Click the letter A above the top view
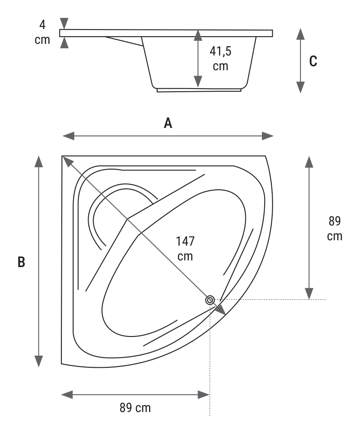(168, 123)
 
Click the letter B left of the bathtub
(21, 262)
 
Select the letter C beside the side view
(313, 61)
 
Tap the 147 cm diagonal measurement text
(185, 249)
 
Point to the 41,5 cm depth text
(220, 59)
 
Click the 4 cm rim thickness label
(42, 32)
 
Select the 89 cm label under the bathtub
(135, 408)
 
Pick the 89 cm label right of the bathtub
(334, 229)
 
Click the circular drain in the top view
(210, 300)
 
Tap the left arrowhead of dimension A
(69, 136)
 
